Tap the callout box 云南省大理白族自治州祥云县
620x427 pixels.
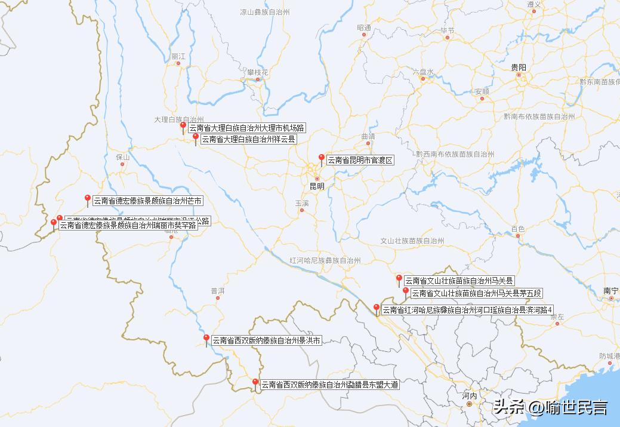(248, 139)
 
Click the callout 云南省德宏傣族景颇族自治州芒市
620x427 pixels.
(147, 201)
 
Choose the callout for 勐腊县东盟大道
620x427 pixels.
(329, 385)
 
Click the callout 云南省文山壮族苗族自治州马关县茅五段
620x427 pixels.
(476, 293)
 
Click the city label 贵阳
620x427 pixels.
(519, 67)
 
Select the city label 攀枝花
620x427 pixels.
(258, 72)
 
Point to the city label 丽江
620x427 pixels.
(178, 56)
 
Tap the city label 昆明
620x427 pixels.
(317, 186)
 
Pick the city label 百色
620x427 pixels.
(517, 229)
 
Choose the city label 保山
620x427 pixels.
(123, 157)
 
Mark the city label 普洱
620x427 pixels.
(217, 291)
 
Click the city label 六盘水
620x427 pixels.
(422, 72)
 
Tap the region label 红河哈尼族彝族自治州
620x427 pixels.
(325, 261)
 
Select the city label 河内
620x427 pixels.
(470, 396)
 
